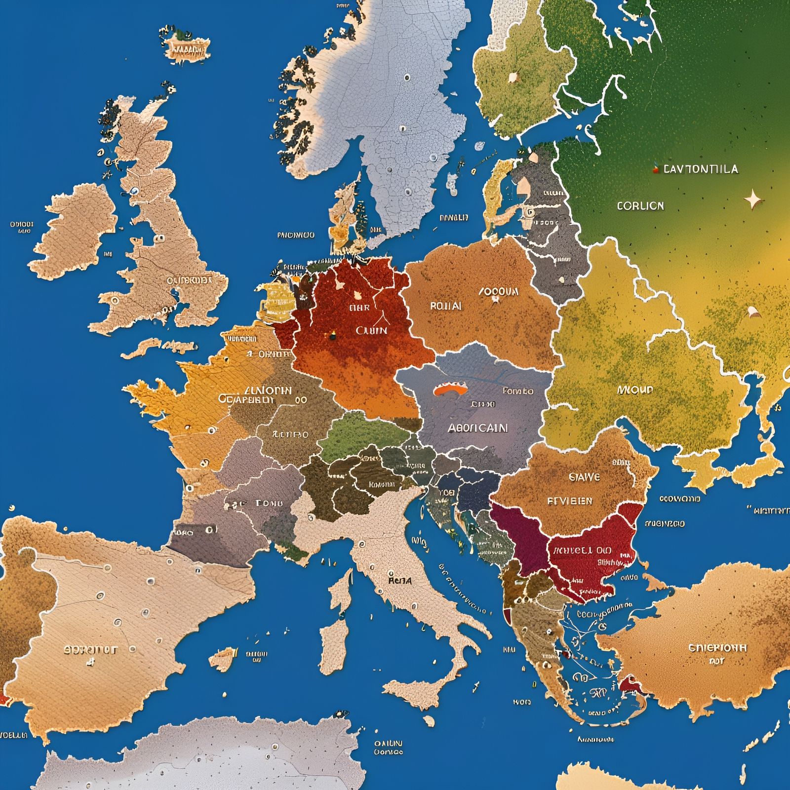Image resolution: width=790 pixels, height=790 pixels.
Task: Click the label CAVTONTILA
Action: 701,169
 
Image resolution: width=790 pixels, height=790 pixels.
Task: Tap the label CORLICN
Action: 640,206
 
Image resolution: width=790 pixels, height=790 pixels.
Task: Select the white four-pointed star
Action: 753,199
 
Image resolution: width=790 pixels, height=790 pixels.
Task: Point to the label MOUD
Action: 635,390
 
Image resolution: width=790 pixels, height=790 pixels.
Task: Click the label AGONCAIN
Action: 477,428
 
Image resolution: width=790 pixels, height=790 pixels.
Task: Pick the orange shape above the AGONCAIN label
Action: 450,390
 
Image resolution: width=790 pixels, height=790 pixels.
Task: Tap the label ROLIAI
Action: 446,306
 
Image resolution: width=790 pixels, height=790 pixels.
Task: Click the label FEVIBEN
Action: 570,501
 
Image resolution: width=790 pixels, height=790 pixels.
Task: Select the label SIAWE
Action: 585,477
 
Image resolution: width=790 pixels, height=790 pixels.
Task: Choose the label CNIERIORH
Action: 717,648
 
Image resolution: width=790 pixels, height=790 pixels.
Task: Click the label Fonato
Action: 518,391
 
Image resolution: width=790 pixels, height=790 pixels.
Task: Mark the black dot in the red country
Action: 332,337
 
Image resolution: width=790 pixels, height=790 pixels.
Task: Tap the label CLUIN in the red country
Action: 371,330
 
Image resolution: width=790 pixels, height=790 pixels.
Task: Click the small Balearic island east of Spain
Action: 223,658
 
